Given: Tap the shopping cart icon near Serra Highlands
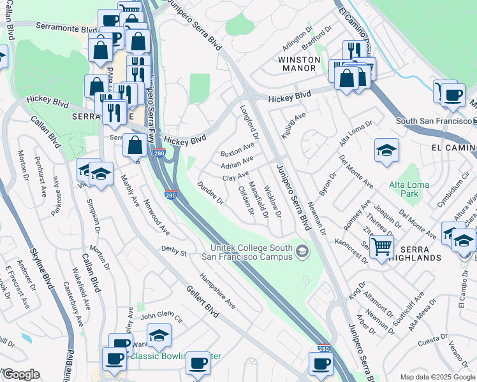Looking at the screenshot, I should click(381, 246).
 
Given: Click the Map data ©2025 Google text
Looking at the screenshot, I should click(437, 377).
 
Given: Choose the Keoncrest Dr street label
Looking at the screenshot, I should click(351, 250).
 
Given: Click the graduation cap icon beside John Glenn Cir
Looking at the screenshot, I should click(159, 334).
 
